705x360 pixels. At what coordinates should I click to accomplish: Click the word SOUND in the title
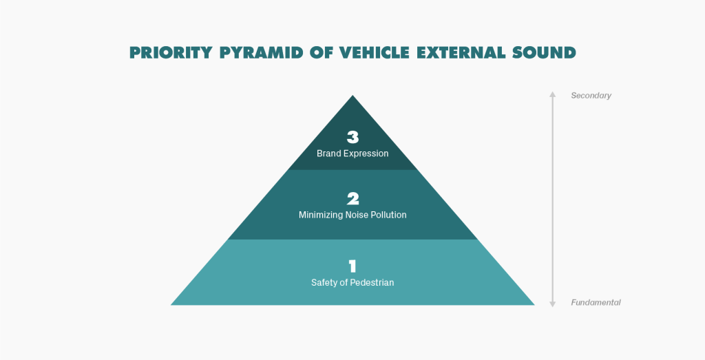[x=544, y=53]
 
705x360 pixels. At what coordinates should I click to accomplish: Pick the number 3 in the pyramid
[x=352, y=137]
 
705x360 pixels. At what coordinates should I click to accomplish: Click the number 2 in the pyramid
[x=352, y=199]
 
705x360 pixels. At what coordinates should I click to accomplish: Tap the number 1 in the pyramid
[x=352, y=266]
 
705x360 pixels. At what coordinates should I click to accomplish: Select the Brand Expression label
[x=352, y=153]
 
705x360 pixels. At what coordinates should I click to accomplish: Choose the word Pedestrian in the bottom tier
[x=372, y=283]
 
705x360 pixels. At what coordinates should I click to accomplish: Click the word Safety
[x=324, y=283]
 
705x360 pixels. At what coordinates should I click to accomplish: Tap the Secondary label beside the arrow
[x=591, y=96]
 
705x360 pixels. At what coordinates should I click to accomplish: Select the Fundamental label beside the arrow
[x=596, y=302]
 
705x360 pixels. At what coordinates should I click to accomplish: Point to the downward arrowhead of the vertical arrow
[x=552, y=304]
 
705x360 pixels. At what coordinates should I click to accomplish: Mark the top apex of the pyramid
[x=352, y=97]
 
